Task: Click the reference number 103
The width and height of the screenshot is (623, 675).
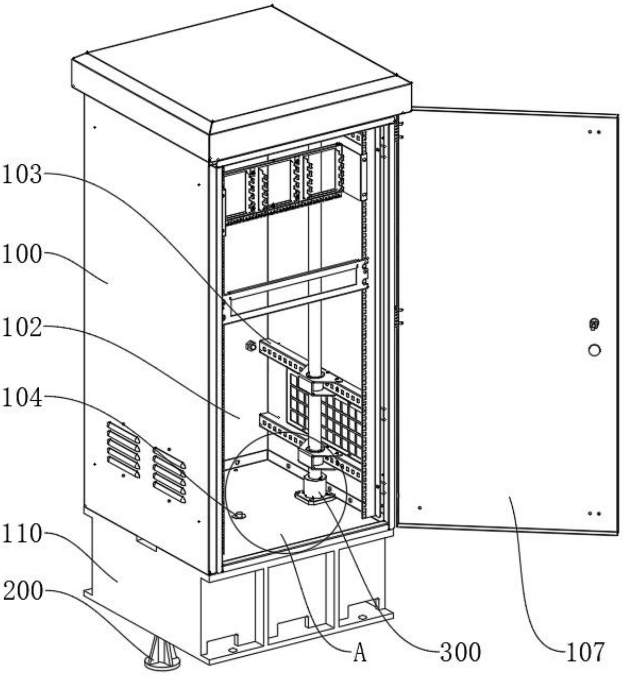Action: [x=22, y=174]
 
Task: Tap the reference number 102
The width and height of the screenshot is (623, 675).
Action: [x=22, y=328]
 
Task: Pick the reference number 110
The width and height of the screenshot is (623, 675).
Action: [x=22, y=534]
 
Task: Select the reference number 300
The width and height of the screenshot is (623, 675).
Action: [x=460, y=652]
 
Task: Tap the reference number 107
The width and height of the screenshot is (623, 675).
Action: [x=585, y=652]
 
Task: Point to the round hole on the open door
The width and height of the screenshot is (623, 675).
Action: [x=594, y=350]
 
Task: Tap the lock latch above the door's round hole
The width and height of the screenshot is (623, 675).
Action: [x=594, y=324]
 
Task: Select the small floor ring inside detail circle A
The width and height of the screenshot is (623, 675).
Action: [x=239, y=516]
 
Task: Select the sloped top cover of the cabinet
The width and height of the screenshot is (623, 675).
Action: [x=241, y=69]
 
